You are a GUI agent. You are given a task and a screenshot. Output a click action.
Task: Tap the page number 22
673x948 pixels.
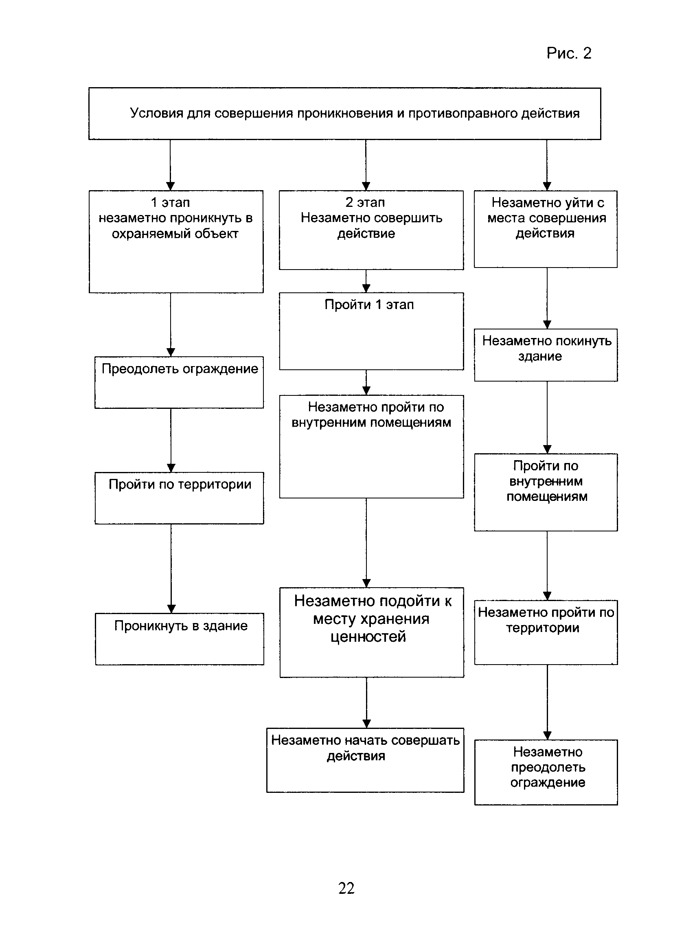tap(346, 888)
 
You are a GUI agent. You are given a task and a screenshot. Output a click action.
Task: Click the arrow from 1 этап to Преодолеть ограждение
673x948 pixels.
tap(171, 325)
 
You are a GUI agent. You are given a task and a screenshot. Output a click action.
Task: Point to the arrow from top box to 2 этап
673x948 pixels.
tap(366, 165)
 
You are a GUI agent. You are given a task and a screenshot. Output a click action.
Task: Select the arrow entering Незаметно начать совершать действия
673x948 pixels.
tap(367, 702)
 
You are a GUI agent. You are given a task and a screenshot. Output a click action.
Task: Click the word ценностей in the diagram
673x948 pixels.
tap(368, 636)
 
